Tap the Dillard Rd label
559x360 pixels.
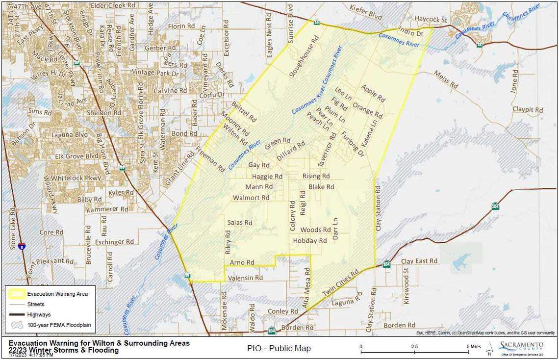(x=291, y=152)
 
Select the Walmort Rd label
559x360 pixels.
(x=251, y=198)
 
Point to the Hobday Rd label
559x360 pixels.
(x=309, y=241)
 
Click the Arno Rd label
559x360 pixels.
(x=242, y=262)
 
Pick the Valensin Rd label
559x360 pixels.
(x=246, y=278)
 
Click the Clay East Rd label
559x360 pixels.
(x=419, y=261)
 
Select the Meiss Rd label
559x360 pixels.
(x=446, y=79)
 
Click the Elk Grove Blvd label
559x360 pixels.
(x=76, y=156)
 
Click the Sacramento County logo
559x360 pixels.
(x=521, y=348)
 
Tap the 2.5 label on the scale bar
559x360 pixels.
(x=414, y=346)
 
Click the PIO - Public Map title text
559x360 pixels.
(x=279, y=348)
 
